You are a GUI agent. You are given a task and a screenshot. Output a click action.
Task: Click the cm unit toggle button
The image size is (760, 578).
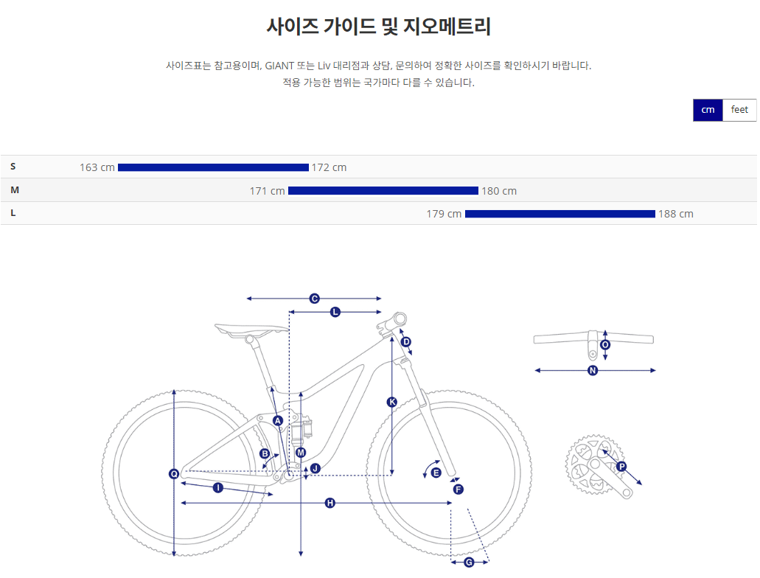pyautogui.click(x=708, y=110)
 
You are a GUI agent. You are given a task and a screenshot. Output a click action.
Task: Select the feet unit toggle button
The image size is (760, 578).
pyautogui.click(x=739, y=110)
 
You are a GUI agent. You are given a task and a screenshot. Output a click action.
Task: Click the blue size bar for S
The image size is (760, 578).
pyautogui.click(x=213, y=167)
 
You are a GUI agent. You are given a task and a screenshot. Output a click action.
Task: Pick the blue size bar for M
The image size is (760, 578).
pyautogui.click(x=383, y=191)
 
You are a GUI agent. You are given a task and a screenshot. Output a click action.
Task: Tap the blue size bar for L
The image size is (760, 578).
pyautogui.click(x=560, y=214)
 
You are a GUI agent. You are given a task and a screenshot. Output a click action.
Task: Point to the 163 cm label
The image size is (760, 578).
pyautogui.click(x=97, y=167)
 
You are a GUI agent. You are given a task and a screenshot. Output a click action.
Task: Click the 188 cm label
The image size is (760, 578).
pyautogui.click(x=676, y=214)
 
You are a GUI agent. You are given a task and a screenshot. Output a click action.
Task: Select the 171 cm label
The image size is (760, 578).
pyautogui.click(x=267, y=191)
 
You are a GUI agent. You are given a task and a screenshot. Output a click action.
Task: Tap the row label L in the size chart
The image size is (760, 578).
pyautogui.click(x=13, y=213)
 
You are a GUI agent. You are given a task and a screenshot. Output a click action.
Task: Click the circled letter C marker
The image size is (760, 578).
pyautogui.click(x=314, y=299)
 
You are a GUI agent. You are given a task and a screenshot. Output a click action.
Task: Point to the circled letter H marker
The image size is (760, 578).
pyautogui.click(x=330, y=503)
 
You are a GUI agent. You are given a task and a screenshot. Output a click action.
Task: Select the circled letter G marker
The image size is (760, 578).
pyautogui.click(x=470, y=563)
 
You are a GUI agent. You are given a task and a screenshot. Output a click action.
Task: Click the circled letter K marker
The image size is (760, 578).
pyautogui.click(x=391, y=402)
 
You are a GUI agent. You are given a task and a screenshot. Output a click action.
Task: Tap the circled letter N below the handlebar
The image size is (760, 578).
pyautogui.click(x=593, y=370)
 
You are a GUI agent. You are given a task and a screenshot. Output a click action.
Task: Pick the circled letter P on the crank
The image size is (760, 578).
pyautogui.click(x=621, y=467)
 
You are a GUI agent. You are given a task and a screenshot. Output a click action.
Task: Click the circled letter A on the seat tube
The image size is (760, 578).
pyautogui.click(x=278, y=420)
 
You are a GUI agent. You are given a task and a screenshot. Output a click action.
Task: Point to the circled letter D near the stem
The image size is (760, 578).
pyautogui.click(x=405, y=341)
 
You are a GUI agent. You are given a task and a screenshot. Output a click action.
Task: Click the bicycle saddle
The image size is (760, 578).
pyautogui.click(x=251, y=329)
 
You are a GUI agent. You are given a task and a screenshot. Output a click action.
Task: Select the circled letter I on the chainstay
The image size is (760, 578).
pyautogui.click(x=217, y=487)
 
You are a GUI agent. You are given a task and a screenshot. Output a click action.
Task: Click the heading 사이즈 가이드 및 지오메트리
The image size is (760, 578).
pyautogui.click(x=379, y=27)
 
